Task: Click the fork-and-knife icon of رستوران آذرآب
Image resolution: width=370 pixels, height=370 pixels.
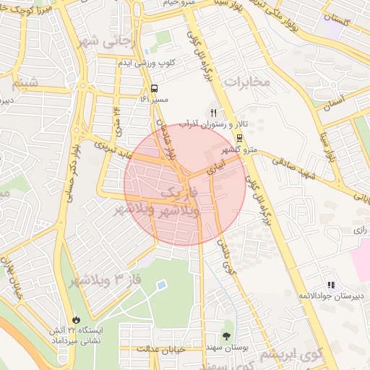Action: click(x=212, y=113)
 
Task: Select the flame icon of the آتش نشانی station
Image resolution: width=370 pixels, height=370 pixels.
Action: click(x=74, y=319)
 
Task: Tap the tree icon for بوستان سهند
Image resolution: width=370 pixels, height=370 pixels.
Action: click(x=227, y=336)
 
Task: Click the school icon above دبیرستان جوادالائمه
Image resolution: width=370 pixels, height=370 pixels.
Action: click(x=331, y=285)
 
